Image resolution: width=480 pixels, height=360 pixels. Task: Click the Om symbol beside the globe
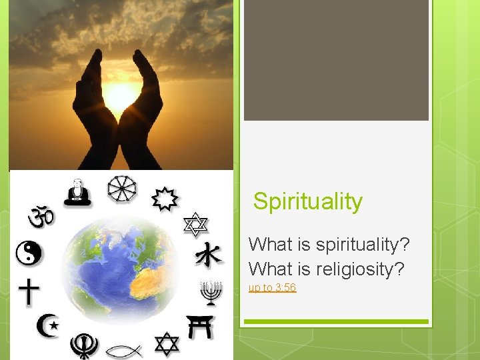pos(40,215)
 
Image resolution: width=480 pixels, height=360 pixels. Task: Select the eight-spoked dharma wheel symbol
pos(123,190)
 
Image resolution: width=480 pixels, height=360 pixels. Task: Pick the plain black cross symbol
pos(29,292)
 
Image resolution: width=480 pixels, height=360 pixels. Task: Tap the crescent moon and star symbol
pos(47,326)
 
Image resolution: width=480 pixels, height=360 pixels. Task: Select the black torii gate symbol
pos(200,327)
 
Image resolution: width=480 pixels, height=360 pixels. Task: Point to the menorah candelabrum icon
pos(211,293)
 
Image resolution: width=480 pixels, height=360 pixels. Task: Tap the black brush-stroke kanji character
pos(209,254)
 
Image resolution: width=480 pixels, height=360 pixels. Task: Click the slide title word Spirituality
pos(307,201)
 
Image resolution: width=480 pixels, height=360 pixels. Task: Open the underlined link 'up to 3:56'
pos(272,288)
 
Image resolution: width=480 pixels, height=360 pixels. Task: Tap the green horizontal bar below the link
pos(335,322)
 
